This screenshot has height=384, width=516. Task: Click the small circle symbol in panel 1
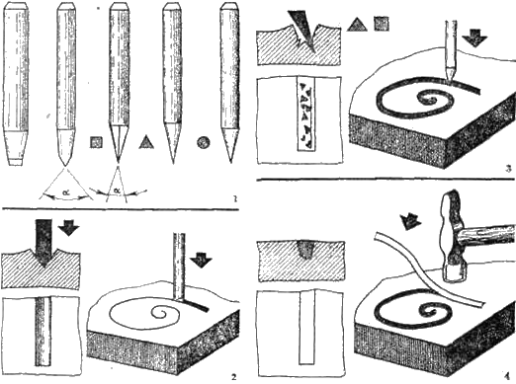[204, 142]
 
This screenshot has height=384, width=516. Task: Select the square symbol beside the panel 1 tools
[96, 142]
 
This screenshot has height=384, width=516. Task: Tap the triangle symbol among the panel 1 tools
[146, 142]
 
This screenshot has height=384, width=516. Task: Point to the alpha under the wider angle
[66, 193]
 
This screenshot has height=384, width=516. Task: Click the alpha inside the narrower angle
[117, 191]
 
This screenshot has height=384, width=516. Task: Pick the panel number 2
[233, 377]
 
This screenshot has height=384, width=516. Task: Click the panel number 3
[508, 169]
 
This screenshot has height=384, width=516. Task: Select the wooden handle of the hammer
[486, 234]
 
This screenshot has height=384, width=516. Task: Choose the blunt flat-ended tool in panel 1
[16, 85]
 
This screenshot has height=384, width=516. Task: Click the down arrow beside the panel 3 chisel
[474, 38]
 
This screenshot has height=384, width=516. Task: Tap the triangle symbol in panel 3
[357, 25]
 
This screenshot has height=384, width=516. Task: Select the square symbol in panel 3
[382, 24]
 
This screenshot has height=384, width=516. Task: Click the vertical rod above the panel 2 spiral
[179, 267]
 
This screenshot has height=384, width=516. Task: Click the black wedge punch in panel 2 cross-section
[43, 243]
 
